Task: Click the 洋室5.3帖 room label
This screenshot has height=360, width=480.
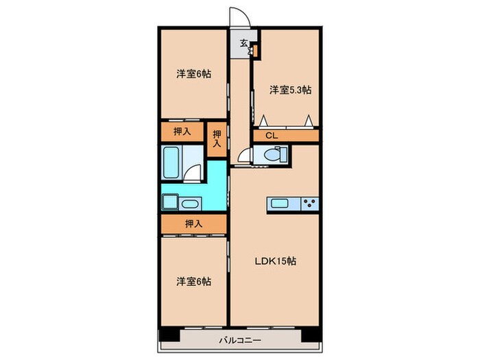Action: click(290, 90)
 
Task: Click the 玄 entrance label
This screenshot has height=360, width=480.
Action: click(243, 43)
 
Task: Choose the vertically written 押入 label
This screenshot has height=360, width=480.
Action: click(217, 139)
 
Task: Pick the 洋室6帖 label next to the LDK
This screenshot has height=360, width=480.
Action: click(193, 281)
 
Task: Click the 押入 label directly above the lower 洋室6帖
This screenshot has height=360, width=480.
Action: click(193, 224)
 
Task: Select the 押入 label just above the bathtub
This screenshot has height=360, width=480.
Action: click(182, 130)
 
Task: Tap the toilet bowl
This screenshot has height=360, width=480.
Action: click(270, 156)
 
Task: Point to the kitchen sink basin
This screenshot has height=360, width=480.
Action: click(280, 202)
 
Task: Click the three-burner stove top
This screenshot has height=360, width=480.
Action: click(309, 203)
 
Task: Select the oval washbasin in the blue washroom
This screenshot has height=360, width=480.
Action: click(190, 203)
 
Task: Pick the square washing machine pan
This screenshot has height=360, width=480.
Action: click(169, 203)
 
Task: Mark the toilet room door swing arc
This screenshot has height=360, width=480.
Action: click(245, 156)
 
